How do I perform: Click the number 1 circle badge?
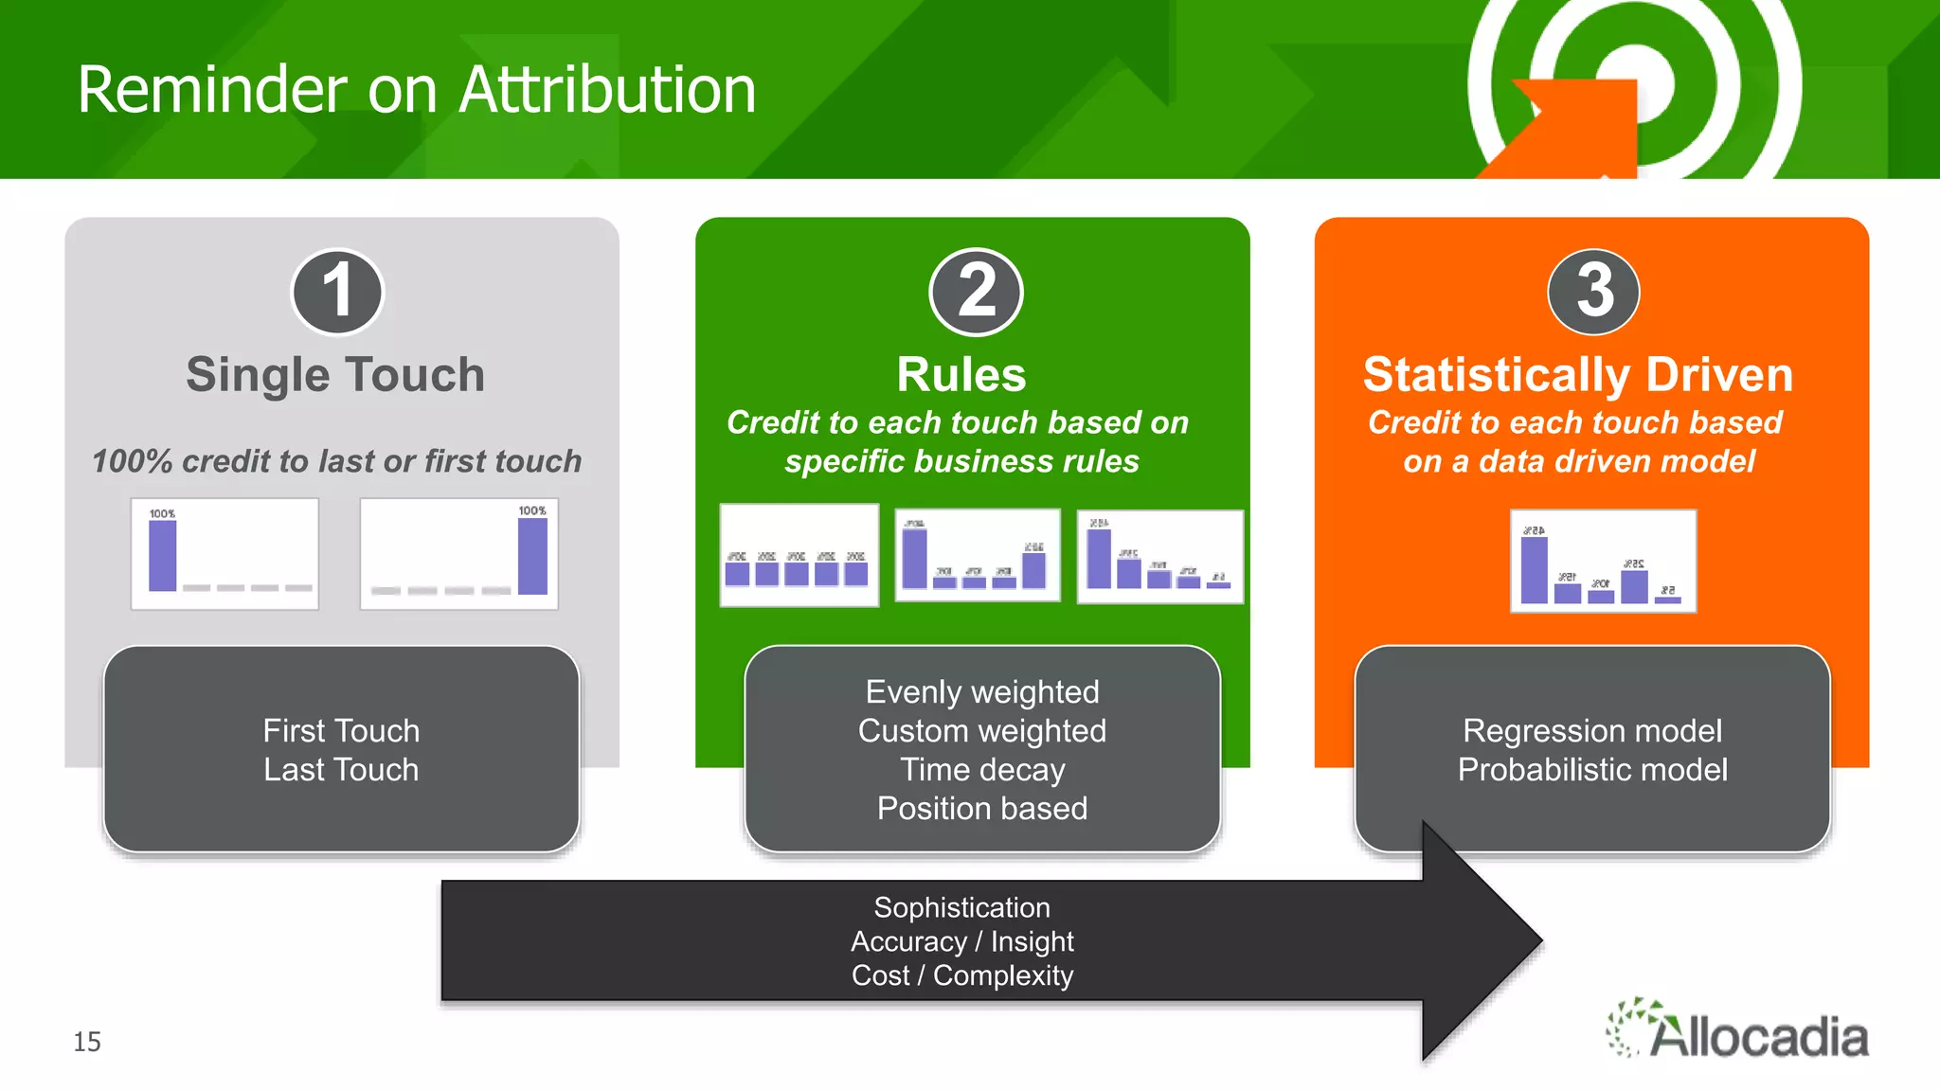337,291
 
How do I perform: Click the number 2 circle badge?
976,291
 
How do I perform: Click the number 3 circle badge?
1593,291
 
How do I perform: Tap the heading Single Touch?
335,374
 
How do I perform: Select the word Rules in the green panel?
961,374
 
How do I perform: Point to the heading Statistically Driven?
1577,374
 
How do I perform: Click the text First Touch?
341,730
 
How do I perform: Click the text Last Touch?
341,769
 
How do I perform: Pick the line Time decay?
982,769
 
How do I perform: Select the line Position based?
982,808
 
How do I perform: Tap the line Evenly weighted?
982,691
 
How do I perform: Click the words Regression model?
1591,730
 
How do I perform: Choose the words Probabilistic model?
1591,769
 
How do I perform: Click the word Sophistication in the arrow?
961,907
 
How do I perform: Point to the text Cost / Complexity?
961,975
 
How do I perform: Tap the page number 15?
87,1042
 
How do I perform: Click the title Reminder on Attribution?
417,90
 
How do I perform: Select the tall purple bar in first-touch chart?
163,556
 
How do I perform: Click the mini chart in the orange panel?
1602,561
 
